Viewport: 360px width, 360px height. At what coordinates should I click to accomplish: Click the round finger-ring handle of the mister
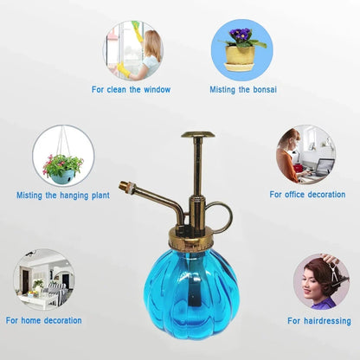click(220, 216)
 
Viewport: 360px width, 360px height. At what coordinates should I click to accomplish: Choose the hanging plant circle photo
click(63, 157)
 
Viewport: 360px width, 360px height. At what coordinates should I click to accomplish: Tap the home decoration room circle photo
click(43, 280)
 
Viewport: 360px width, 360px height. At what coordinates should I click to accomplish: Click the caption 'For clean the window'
click(132, 89)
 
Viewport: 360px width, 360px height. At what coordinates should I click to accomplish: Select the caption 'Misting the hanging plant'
click(63, 196)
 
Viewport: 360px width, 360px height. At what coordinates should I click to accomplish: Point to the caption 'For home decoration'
click(44, 320)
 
